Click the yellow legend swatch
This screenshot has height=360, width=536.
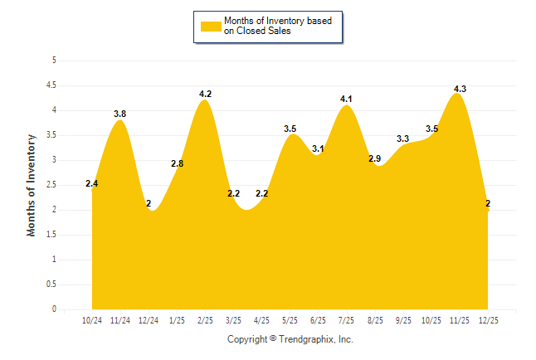[210, 26]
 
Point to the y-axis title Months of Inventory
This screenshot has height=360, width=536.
[32, 185]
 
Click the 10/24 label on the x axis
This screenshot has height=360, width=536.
[92, 320]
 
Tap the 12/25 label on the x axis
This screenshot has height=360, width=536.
[489, 320]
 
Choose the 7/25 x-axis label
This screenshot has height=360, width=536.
[347, 320]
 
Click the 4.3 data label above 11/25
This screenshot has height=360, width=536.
[460, 89]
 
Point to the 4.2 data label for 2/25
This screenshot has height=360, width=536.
[206, 94]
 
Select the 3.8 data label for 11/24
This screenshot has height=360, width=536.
[119, 114]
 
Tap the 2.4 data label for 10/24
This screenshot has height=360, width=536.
[92, 183]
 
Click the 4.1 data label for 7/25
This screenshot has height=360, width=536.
[347, 99]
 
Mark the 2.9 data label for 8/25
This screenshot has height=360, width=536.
[375, 158]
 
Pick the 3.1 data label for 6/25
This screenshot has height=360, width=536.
[319, 148]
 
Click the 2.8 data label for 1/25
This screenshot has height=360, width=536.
[177, 163]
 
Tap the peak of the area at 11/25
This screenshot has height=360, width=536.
[457, 95]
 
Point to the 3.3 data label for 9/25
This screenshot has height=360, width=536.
[403, 139]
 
